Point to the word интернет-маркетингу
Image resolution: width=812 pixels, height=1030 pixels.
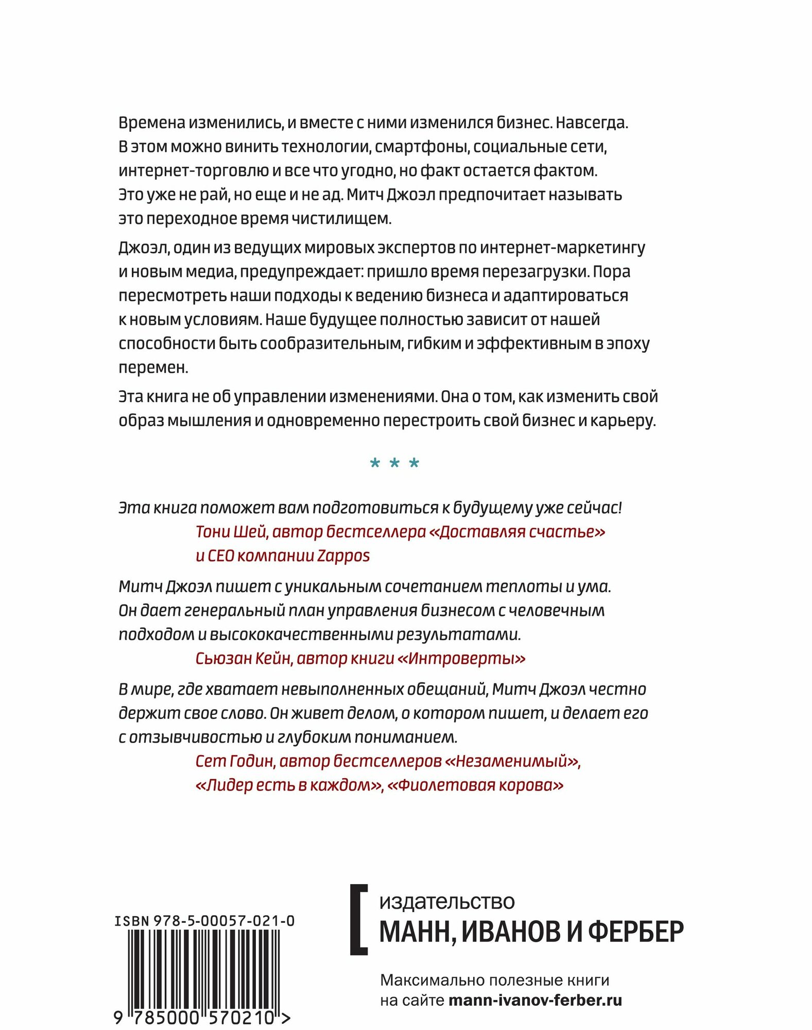[562, 248]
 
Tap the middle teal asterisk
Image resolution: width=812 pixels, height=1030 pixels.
[394, 463]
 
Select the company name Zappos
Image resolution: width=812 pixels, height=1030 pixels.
[343, 556]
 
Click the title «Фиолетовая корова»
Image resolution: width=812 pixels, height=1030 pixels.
[476, 785]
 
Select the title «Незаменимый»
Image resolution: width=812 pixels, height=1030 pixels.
[511, 761]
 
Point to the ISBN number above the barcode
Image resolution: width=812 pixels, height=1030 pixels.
[204, 921]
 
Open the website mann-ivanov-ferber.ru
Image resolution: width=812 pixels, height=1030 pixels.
[535, 1001]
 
